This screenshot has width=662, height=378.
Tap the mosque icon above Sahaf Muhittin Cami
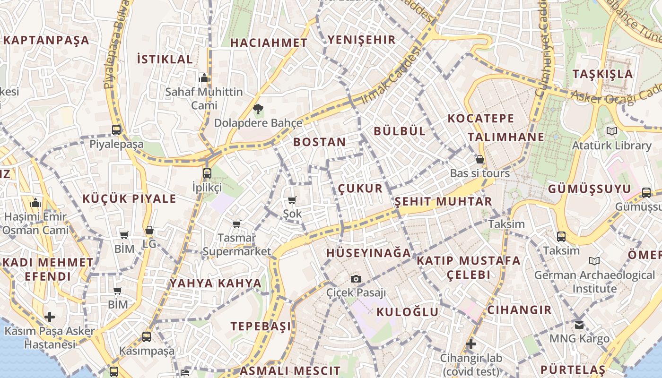pyautogui.click(x=204, y=78)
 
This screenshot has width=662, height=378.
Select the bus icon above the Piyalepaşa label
pyautogui.click(x=116, y=130)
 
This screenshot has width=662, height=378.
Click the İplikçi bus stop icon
pyautogui.click(x=207, y=173)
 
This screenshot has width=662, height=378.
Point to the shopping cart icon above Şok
pyautogui.click(x=292, y=200)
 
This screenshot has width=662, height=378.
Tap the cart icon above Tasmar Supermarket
pyautogui.click(x=236, y=224)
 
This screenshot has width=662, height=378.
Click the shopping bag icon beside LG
pyautogui.click(x=149, y=231)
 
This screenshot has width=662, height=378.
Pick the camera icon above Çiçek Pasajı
pyautogui.click(x=356, y=279)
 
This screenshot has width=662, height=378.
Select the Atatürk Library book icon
pyautogui.click(x=612, y=131)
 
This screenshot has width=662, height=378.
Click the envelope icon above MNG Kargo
pyautogui.click(x=579, y=325)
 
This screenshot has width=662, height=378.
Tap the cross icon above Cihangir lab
pyautogui.click(x=470, y=344)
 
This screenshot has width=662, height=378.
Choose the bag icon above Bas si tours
pyautogui.click(x=479, y=160)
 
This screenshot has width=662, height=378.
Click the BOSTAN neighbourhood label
pyautogui.click(x=320, y=142)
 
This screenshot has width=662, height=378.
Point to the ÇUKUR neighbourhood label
pyautogui.click(x=360, y=189)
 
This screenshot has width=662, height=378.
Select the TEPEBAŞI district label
pyautogui.click(x=261, y=326)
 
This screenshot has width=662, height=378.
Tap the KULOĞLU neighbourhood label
pyautogui.click(x=408, y=312)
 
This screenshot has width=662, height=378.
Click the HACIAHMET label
pyautogui.click(x=269, y=43)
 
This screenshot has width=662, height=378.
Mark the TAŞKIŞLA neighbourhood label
pyautogui.click(x=602, y=74)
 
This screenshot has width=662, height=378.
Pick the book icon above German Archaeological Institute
pyautogui.click(x=594, y=261)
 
